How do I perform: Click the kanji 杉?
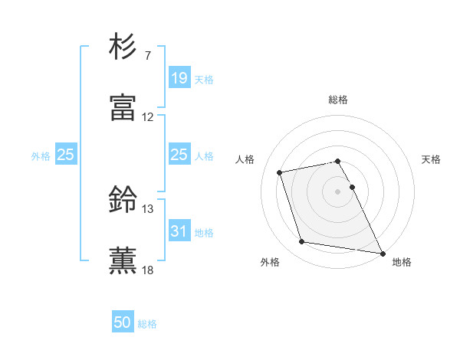(x=123, y=47)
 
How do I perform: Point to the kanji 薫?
(x=123, y=260)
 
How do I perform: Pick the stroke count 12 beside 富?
(x=148, y=117)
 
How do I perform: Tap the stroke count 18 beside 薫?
(x=148, y=270)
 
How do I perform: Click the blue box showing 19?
(x=179, y=78)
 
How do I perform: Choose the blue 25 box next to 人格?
(x=179, y=155)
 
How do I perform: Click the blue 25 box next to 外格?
(x=66, y=155)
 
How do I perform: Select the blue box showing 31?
(x=179, y=231)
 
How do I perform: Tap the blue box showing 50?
(x=123, y=322)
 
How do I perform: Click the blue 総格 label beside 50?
(x=147, y=324)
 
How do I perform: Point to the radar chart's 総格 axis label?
(x=338, y=100)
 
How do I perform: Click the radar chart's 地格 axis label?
(x=402, y=262)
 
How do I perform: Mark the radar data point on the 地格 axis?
(x=382, y=252)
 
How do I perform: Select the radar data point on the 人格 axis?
(x=280, y=172)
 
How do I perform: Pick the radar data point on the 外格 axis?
(x=301, y=242)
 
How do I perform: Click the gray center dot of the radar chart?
(x=338, y=191)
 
